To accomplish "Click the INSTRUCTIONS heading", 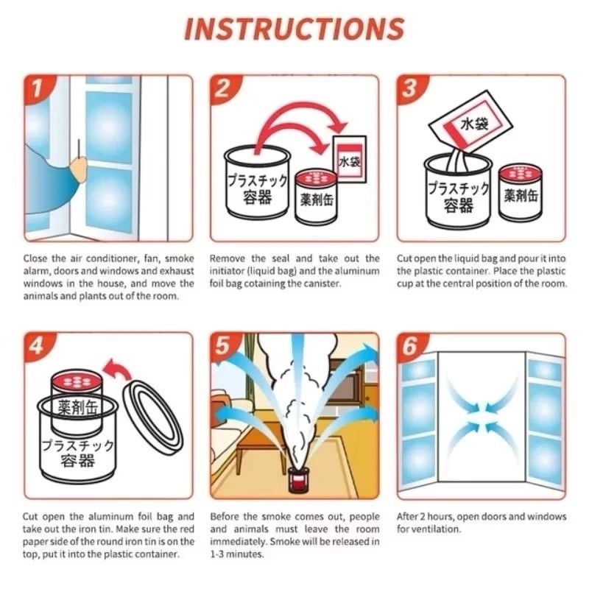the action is click(x=294, y=29).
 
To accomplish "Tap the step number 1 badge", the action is click(x=37, y=89).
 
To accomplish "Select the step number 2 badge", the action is click(x=223, y=89).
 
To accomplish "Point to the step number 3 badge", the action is click(x=410, y=89).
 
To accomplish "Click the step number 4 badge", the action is click(x=37, y=346).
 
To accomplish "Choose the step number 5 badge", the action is click(x=223, y=346).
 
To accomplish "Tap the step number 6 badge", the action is click(x=410, y=346).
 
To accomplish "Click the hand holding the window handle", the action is click(x=78, y=169).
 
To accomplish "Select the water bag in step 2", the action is click(x=349, y=159).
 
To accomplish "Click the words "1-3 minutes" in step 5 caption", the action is click(x=236, y=554).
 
